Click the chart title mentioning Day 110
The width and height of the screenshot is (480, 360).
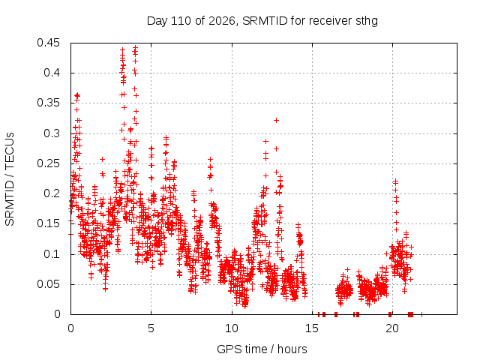tap(262, 21)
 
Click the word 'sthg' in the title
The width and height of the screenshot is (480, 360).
tap(367, 22)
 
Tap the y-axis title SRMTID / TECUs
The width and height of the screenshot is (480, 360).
tap(10, 179)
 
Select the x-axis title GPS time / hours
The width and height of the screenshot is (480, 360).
tap(262, 349)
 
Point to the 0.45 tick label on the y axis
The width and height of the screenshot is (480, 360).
tap(48, 43)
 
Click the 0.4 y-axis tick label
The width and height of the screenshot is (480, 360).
tap(52, 73)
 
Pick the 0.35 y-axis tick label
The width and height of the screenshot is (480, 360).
tap(48, 103)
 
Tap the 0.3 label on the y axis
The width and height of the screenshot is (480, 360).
tap(52, 133)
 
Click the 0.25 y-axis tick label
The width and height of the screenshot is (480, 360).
tap(48, 163)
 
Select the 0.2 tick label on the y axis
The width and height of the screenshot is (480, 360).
tap(52, 193)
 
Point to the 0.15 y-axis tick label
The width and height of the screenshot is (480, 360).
tap(48, 223)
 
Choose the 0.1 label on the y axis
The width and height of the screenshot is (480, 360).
tap(52, 253)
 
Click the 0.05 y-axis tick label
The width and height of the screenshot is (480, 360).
tap(48, 284)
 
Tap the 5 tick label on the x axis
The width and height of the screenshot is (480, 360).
tap(151, 328)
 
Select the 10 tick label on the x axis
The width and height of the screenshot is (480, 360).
tap(232, 328)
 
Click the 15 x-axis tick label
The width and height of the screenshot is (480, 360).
tap(312, 328)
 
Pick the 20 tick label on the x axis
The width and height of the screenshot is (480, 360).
tap(392, 328)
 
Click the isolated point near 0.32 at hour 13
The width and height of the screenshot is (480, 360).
tap(276, 120)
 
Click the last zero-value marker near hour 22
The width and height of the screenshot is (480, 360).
tap(421, 314)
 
